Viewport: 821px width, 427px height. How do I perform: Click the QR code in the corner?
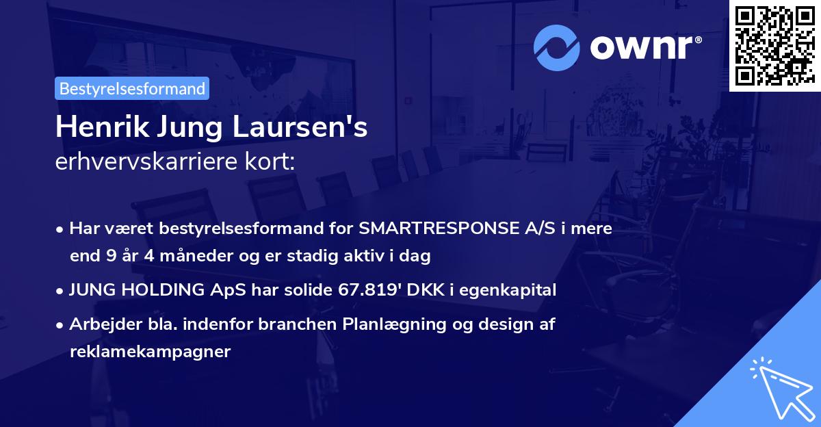tap(774, 45)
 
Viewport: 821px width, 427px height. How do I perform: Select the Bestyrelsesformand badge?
tap(132, 88)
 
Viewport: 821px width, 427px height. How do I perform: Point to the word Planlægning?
tap(387, 324)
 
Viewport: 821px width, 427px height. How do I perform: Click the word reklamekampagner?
tap(151, 352)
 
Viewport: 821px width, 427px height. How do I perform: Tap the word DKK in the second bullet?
tap(423, 290)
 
